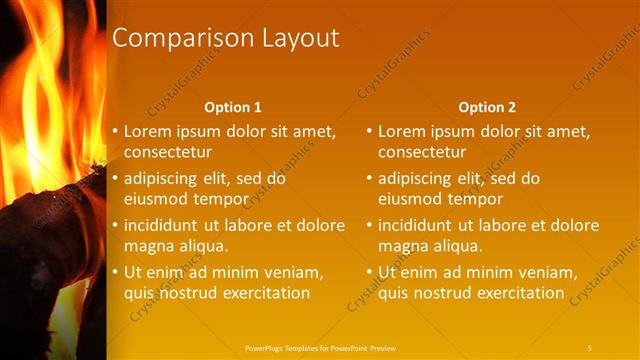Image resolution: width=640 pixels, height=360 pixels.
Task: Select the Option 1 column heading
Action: coord(232,107)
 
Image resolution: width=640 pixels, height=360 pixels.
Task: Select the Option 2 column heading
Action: coord(486,107)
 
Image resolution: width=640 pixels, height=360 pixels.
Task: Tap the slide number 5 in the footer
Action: coord(590,347)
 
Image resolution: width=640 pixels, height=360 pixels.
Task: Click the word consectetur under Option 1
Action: coord(168,152)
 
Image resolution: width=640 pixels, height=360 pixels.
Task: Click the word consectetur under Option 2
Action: coord(422,152)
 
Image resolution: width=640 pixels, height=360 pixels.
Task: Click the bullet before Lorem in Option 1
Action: coord(114,132)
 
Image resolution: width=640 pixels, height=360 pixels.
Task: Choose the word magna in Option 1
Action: coord(147,245)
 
